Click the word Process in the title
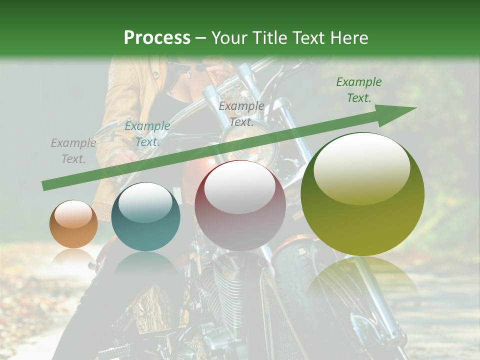click(157, 38)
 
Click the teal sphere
click(145, 217)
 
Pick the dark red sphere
click(240, 205)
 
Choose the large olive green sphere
click(362, 194)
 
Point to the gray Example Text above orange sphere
click(73, 151)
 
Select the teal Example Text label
click(147, 134)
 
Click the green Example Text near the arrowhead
click(358, 90)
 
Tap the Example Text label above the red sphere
click(241, 114)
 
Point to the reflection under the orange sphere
click(73, 256)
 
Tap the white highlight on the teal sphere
click(145, 203)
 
